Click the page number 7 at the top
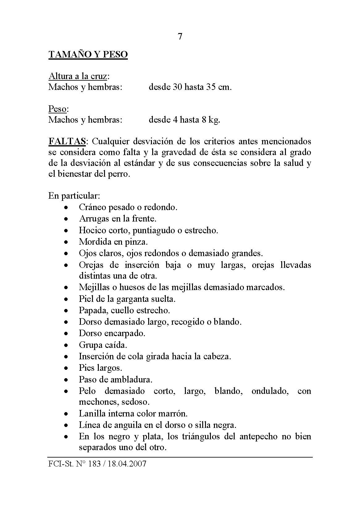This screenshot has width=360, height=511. pyautogui.click(x=180, y=36)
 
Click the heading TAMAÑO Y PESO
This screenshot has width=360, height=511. pyautogui.click(x=88, y=55)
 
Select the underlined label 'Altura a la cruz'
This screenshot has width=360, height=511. pyautogui.click(x=79, y=76)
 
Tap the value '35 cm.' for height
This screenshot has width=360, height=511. pyautogui.click(x=219, y=87)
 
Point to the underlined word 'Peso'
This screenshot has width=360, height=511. pyautogui.click(x=57, y=109)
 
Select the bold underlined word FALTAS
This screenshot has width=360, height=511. pyautogui.click(x=67, y=141)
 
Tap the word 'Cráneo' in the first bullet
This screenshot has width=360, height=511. pyautogui.click(x=92, y=207)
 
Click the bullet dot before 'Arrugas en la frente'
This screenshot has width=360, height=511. pyautogui.click(x=65, y=219)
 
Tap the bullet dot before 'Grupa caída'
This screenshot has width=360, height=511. pyautogui.click(x=65, y=345)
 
